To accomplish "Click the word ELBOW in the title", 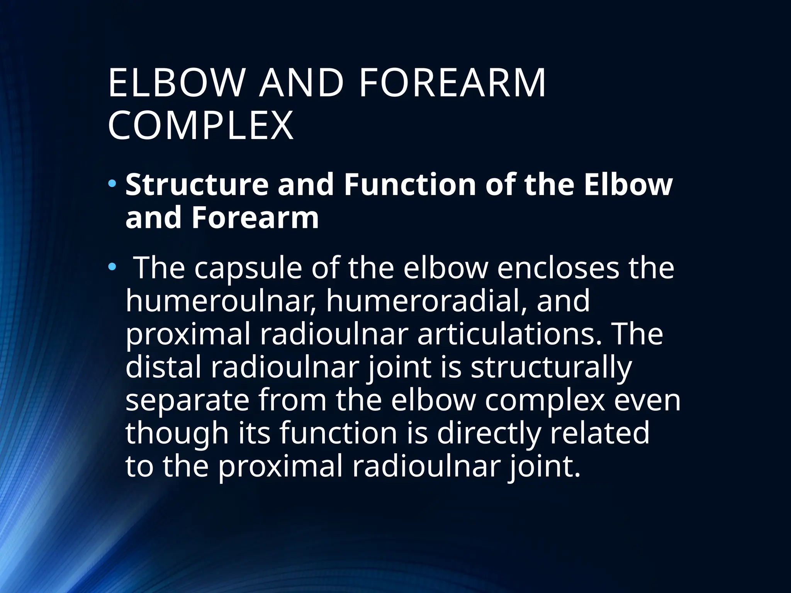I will pos(176,83).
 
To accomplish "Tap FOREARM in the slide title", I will pos(452,83).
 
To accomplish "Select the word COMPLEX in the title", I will pos(200,126).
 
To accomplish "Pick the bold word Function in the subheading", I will pos(410,185).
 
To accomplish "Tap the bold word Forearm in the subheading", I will pos(255,218).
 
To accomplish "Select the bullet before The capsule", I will pos(112,266).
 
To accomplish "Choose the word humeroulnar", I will pos(222,301).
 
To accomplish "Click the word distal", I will pos(163,367).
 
